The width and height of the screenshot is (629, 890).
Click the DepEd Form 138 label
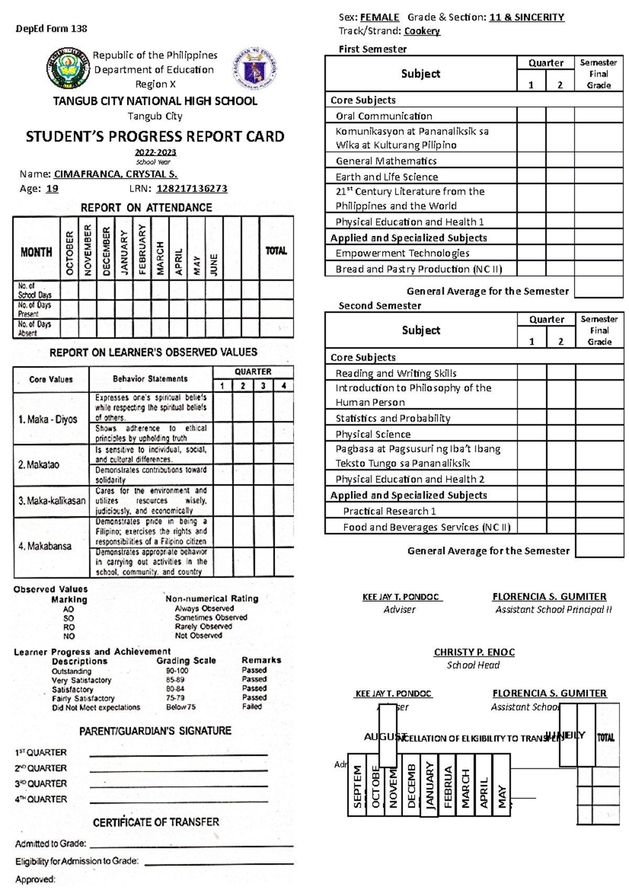51,29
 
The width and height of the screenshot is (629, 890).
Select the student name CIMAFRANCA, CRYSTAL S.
115,174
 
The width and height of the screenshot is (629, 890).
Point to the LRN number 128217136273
192,189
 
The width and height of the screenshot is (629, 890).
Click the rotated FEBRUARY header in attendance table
142,249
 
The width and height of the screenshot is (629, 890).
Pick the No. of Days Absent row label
34,328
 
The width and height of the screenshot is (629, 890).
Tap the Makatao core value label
39,465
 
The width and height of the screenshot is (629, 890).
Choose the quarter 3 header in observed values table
263,386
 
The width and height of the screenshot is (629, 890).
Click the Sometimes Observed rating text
211,617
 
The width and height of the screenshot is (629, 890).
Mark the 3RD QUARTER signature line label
41,784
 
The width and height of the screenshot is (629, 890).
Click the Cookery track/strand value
422,31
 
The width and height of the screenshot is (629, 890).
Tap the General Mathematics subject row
386,161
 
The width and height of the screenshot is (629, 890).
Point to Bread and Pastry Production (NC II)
419,269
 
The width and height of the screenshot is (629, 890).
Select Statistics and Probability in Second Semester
393,418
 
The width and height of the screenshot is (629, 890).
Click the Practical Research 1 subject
389,511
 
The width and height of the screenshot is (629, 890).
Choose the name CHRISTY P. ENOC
474,652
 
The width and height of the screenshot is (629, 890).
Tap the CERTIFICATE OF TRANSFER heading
156,822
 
